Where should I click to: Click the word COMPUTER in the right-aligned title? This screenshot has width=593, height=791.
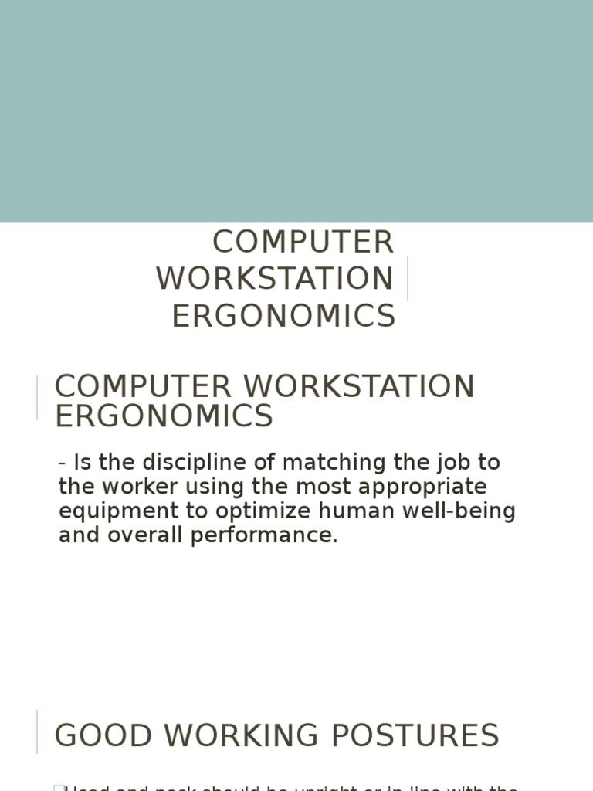[303, 243]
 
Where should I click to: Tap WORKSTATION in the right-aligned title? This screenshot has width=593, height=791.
[275, 279]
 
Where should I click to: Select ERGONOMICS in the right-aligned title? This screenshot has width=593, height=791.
[283, 316]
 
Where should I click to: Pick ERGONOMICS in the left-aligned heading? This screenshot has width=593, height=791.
[164, 416]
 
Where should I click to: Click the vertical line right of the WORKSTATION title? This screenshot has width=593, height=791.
[407, 279]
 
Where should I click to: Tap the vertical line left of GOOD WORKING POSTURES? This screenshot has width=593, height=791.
[37, 731]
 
